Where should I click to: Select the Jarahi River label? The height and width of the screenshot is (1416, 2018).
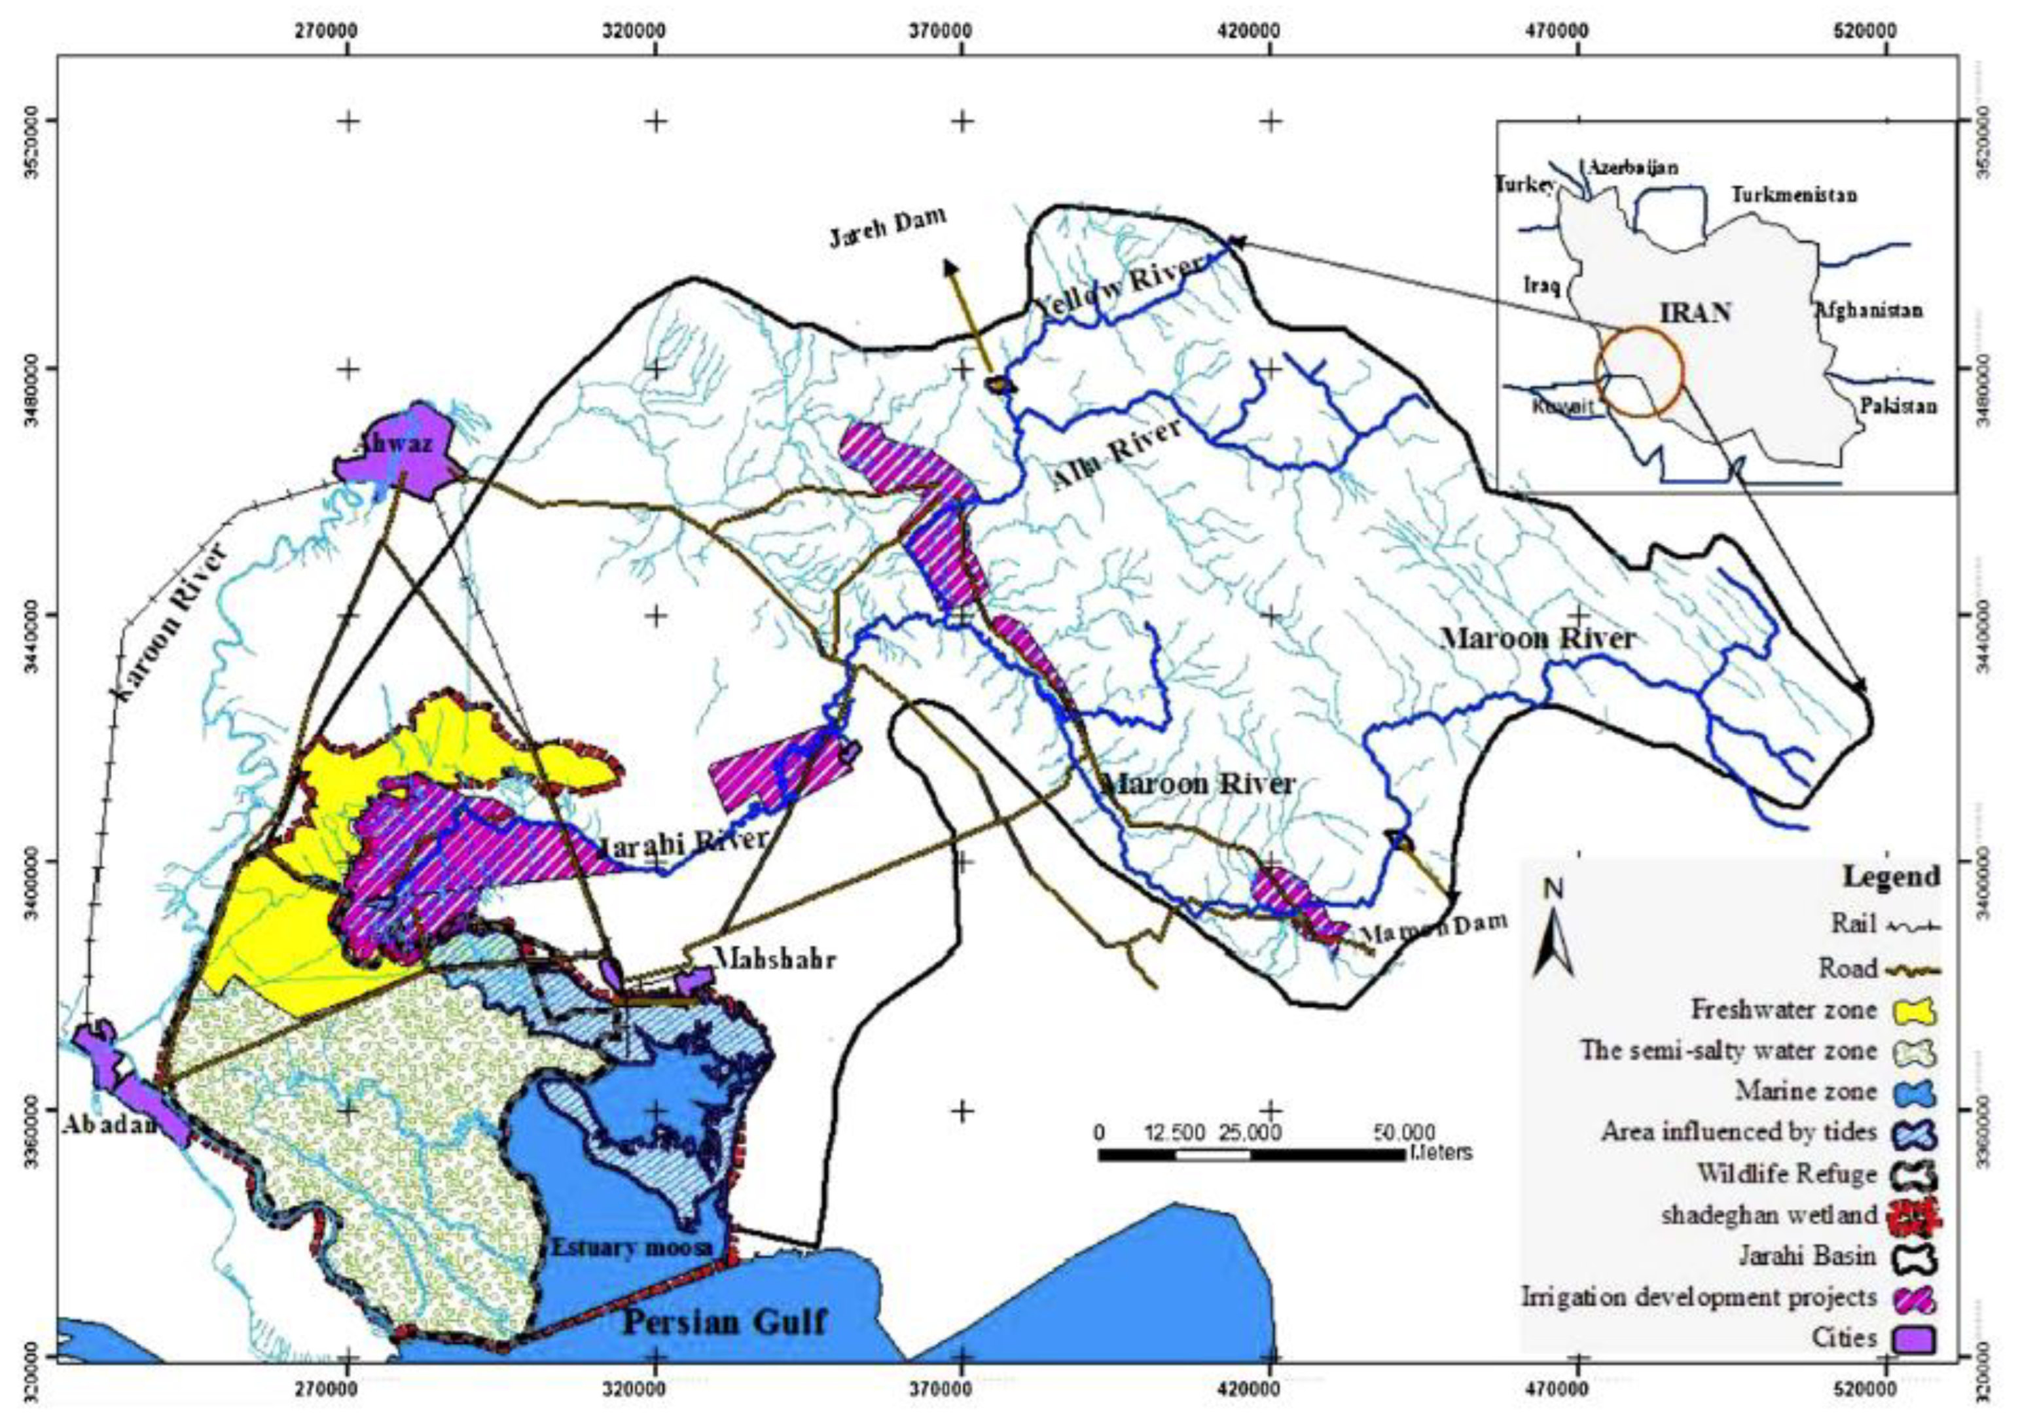click(682, 841)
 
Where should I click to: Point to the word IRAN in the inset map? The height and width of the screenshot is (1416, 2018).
click(1695, 313)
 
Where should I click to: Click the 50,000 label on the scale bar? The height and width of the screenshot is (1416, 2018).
click(1403, 1131)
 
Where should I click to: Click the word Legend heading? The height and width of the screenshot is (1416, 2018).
click(1890, 876)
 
